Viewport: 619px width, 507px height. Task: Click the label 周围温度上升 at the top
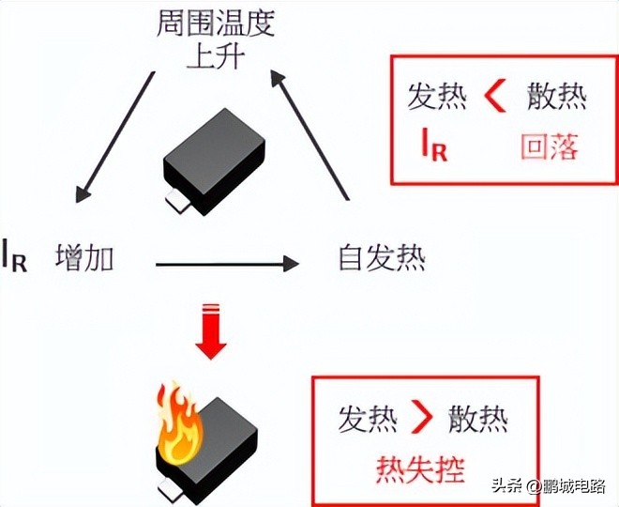click(x=215, y=38)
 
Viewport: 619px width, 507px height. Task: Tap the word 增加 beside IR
click(x=84, y=256)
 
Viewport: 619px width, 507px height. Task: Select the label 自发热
click(x=381, y=256)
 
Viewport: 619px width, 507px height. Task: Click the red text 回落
click(x=549, y=146)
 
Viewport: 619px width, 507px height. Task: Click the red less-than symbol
click(x=496, y=97)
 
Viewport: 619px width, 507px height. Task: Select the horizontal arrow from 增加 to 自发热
click(x=225, y=265)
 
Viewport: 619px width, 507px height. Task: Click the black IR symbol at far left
click(x=15, y=256)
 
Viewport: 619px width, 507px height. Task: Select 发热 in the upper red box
click(x=436, y=97)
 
